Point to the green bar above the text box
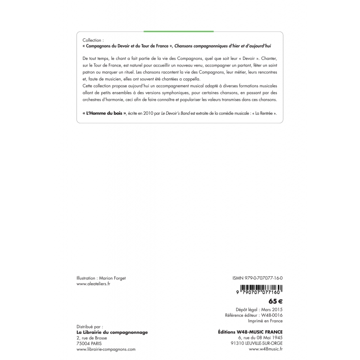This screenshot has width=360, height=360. point(179,31)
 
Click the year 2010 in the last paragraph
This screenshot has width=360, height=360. point(143,114)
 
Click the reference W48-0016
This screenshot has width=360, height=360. point(273,316)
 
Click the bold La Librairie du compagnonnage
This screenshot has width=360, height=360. point(112,332)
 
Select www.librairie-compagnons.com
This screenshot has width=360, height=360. point(106,349)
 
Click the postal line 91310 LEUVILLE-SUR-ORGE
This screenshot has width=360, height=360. point(256,343)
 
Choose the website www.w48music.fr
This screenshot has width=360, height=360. point(265,349)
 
